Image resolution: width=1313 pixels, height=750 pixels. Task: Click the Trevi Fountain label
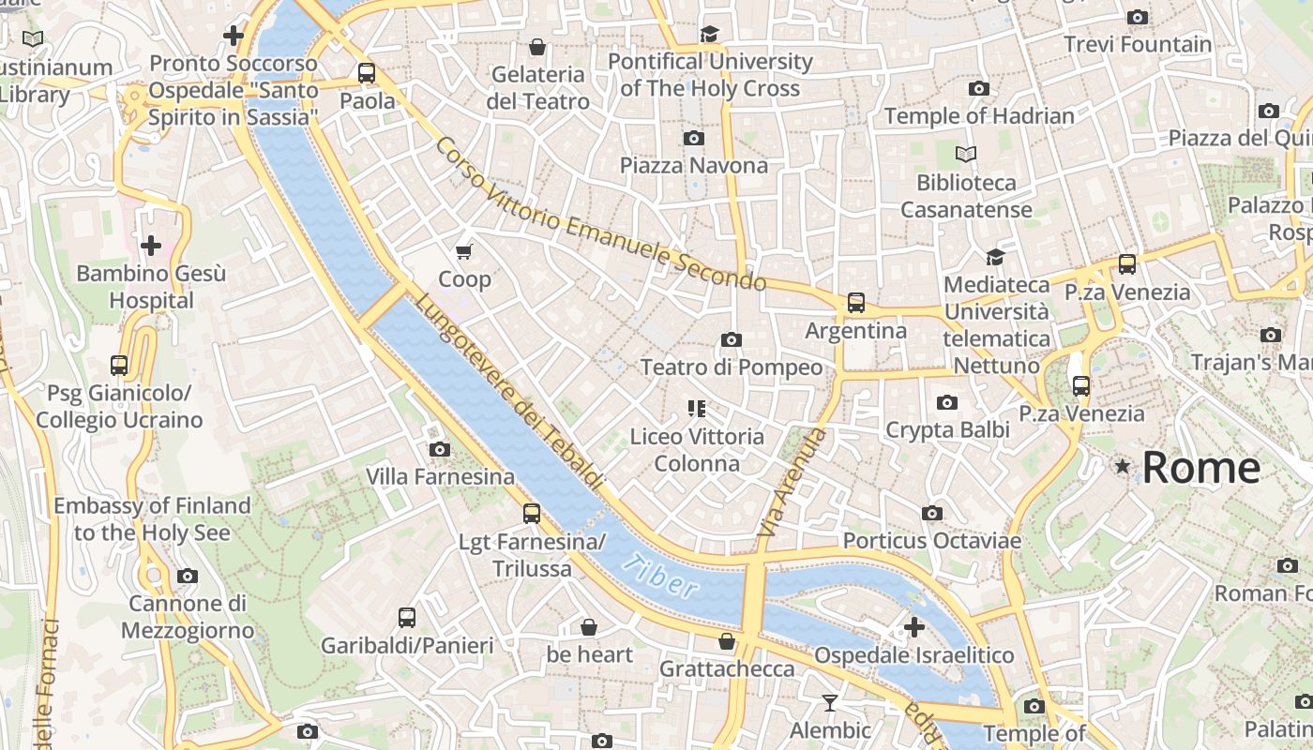1138,44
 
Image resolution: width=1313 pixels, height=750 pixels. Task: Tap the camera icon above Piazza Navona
694,139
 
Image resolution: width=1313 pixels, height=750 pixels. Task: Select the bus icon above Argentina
855,303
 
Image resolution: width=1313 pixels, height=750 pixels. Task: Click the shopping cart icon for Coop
463,251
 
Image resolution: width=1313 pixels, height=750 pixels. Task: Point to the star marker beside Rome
1122,466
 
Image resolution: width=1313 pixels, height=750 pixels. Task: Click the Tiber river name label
660,576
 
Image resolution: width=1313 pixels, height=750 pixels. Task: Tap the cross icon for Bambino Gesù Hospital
150,247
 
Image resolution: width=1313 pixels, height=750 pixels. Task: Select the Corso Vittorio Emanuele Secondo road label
600,215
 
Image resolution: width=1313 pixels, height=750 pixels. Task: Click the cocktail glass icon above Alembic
830,702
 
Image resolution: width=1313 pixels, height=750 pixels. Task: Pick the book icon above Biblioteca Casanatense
965,154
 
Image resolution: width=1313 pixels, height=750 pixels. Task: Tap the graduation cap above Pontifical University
709,35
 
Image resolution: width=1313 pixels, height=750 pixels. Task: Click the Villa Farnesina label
440,476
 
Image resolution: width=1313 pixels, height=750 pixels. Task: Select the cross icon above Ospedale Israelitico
914,627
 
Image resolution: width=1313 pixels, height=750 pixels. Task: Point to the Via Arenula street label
792,483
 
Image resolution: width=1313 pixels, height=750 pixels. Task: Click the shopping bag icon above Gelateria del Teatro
537,47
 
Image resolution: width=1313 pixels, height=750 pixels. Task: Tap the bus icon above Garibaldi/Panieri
406,618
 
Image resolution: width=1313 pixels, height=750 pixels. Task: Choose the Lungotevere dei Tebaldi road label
507,390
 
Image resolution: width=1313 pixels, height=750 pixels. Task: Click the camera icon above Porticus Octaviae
931,513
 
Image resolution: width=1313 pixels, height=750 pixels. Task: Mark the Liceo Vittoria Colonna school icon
696,408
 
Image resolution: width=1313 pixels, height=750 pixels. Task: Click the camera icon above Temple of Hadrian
978,89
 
